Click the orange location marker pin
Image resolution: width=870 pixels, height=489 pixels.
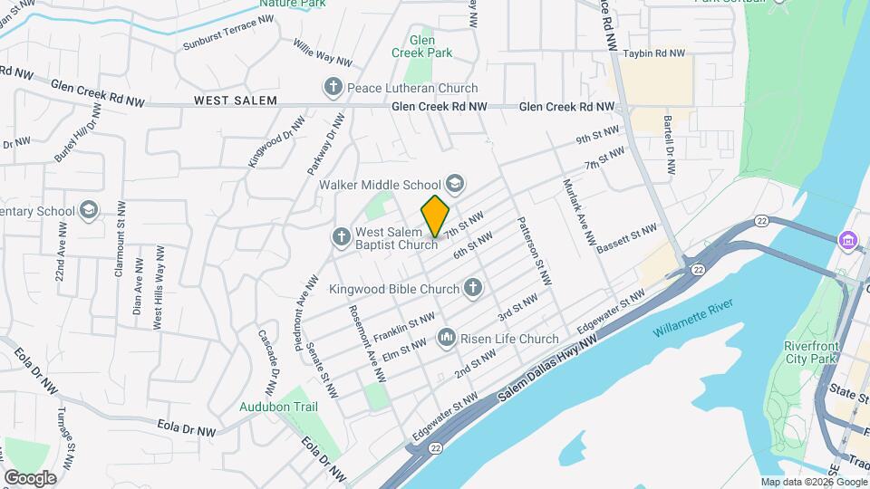[435, 216]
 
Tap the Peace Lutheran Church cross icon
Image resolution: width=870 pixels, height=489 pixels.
[333, 88]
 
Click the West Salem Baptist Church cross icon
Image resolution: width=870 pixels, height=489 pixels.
[341, 238]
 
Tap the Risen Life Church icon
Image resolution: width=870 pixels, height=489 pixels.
[446, 340]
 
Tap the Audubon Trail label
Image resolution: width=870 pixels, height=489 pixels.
[278, 407]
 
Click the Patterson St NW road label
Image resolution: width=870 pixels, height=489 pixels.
[534, 251]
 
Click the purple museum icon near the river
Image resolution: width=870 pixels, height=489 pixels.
[848, 241]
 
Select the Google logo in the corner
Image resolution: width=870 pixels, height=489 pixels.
[30, 478]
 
